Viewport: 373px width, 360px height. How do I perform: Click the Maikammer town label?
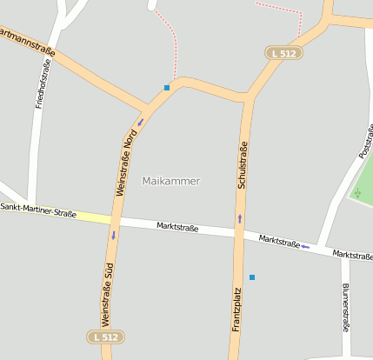click(170, 181)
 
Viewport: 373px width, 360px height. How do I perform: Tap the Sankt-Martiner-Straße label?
click(38, 211)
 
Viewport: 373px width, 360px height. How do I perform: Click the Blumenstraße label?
click(346, 308)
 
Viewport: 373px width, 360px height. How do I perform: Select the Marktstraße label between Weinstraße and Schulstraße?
click(177, 227)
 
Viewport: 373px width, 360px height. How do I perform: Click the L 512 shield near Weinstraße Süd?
click(106, 337)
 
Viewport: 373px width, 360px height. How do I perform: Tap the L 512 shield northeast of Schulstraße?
click(283, 54)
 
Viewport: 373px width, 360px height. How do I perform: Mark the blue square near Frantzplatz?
click(252, 277)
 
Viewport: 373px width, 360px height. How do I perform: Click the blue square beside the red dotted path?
click(167, 87)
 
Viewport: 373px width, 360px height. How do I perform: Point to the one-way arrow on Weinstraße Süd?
click(113, 235)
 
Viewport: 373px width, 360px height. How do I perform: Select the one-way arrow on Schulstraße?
click(240, 218)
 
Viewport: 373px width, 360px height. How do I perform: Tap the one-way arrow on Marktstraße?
click(304, 247)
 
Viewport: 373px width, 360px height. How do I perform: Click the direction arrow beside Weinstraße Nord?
click(141, 122)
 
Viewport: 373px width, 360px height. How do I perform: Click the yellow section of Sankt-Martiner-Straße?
click(91, 217)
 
